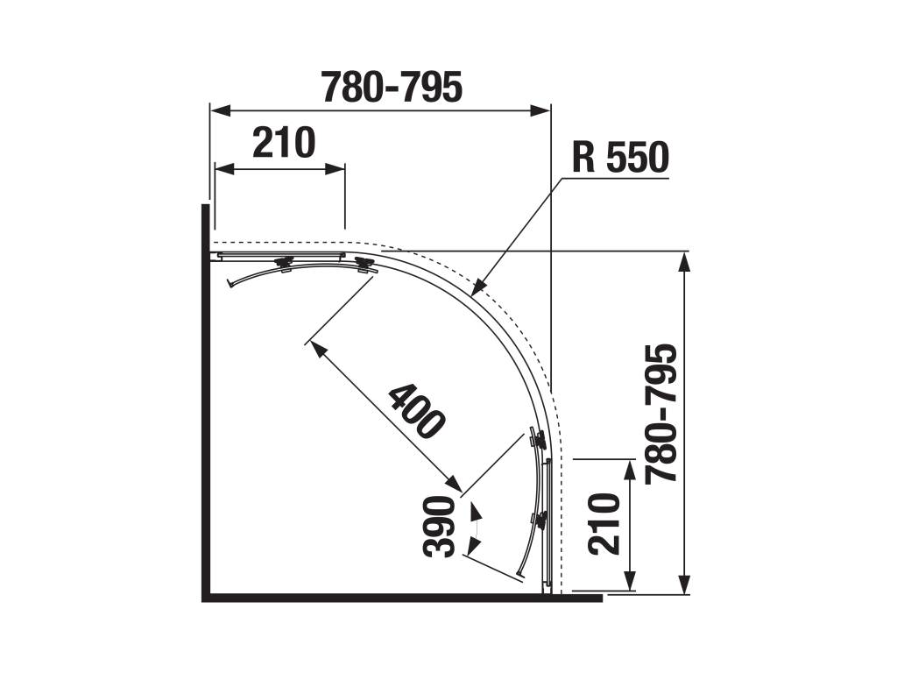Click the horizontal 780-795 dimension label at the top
392,88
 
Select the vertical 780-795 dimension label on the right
661,414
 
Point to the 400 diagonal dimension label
416,412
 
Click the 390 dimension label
440,528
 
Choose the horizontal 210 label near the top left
284,143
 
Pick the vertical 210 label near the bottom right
604,524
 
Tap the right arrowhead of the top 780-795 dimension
540,110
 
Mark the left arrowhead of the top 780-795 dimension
221,110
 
